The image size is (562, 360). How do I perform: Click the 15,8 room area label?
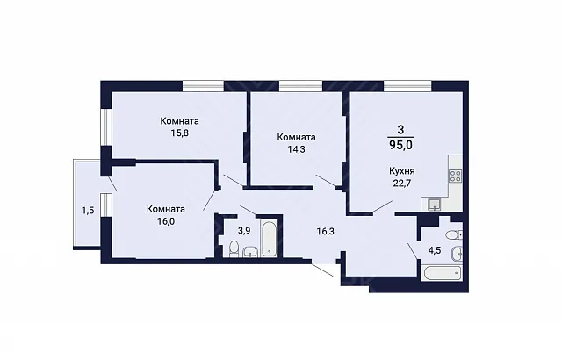point(179,133)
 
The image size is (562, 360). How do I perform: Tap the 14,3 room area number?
point(297,149)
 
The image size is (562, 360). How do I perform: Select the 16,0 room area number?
point(166,221)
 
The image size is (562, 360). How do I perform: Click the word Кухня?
point(402,171)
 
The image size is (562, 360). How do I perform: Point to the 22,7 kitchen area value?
point(402,184)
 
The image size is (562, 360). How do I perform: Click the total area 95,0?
point(400,145)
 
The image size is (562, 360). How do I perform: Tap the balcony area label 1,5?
point(88,211)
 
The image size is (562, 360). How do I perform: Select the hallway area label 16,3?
point(326,232)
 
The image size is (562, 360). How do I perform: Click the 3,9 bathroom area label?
point(244,231)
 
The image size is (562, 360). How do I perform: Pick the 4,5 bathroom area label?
point(435,250)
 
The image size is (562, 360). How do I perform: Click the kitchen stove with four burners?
point(455,176)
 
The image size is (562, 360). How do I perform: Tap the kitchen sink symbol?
point(435,205)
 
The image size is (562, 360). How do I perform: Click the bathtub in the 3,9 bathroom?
point(269,239)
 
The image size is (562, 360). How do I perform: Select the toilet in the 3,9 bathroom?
point(234,249)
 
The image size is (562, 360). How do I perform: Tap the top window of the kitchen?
point(407,86)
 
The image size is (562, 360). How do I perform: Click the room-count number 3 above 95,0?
point(400,130)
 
